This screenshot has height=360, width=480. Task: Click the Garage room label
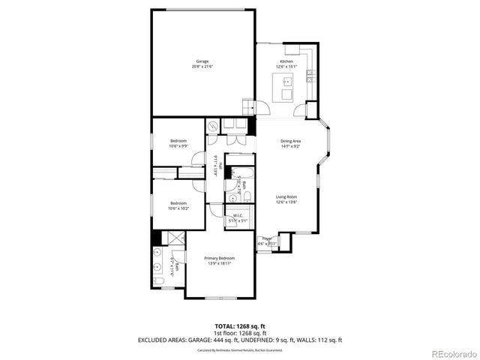click(x=202, y=61)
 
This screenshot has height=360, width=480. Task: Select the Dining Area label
click(x=291, y=141)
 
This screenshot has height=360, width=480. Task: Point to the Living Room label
click(x=286, y=196)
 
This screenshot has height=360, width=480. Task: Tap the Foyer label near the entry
click(x=266, y=238)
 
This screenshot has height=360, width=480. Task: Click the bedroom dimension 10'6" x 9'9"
click(x=178, y=146)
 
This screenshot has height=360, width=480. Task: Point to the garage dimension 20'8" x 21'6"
click(x=202, y=67)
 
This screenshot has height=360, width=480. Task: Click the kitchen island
click(x=287, y=94)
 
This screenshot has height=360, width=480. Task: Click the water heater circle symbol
click(x=213, y=127)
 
